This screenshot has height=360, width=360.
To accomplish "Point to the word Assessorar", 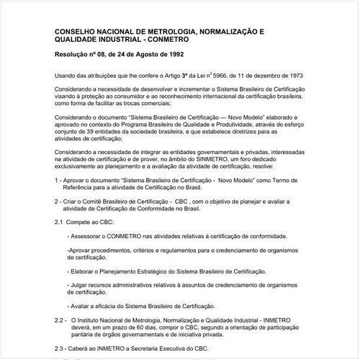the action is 89,235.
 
